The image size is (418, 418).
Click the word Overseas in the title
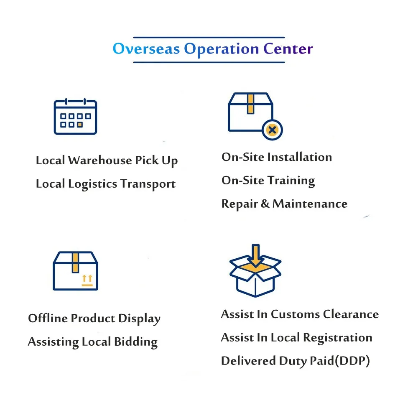pos(146,49)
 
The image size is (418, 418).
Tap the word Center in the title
pos(288,49)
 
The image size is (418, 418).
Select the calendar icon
pos(75,117)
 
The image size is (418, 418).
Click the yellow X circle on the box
pos(272,130)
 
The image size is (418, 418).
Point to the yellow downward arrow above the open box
pos(255,255)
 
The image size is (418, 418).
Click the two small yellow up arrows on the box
pos(87,278)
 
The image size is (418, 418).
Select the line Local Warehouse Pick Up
pos(107,161)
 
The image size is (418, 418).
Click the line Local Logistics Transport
pos(105,184)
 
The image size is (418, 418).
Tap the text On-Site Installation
pos(276,157)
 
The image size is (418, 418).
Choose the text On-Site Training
pos(268,181)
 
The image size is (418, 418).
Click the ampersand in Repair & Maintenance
pos(265,204)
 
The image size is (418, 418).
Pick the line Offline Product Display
pos(94,319)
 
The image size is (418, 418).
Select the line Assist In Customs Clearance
pos(300,314)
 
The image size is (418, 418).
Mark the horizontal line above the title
pos(209,37)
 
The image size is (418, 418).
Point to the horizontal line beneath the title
pos(209,63)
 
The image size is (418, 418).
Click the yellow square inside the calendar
pos(80,125)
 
